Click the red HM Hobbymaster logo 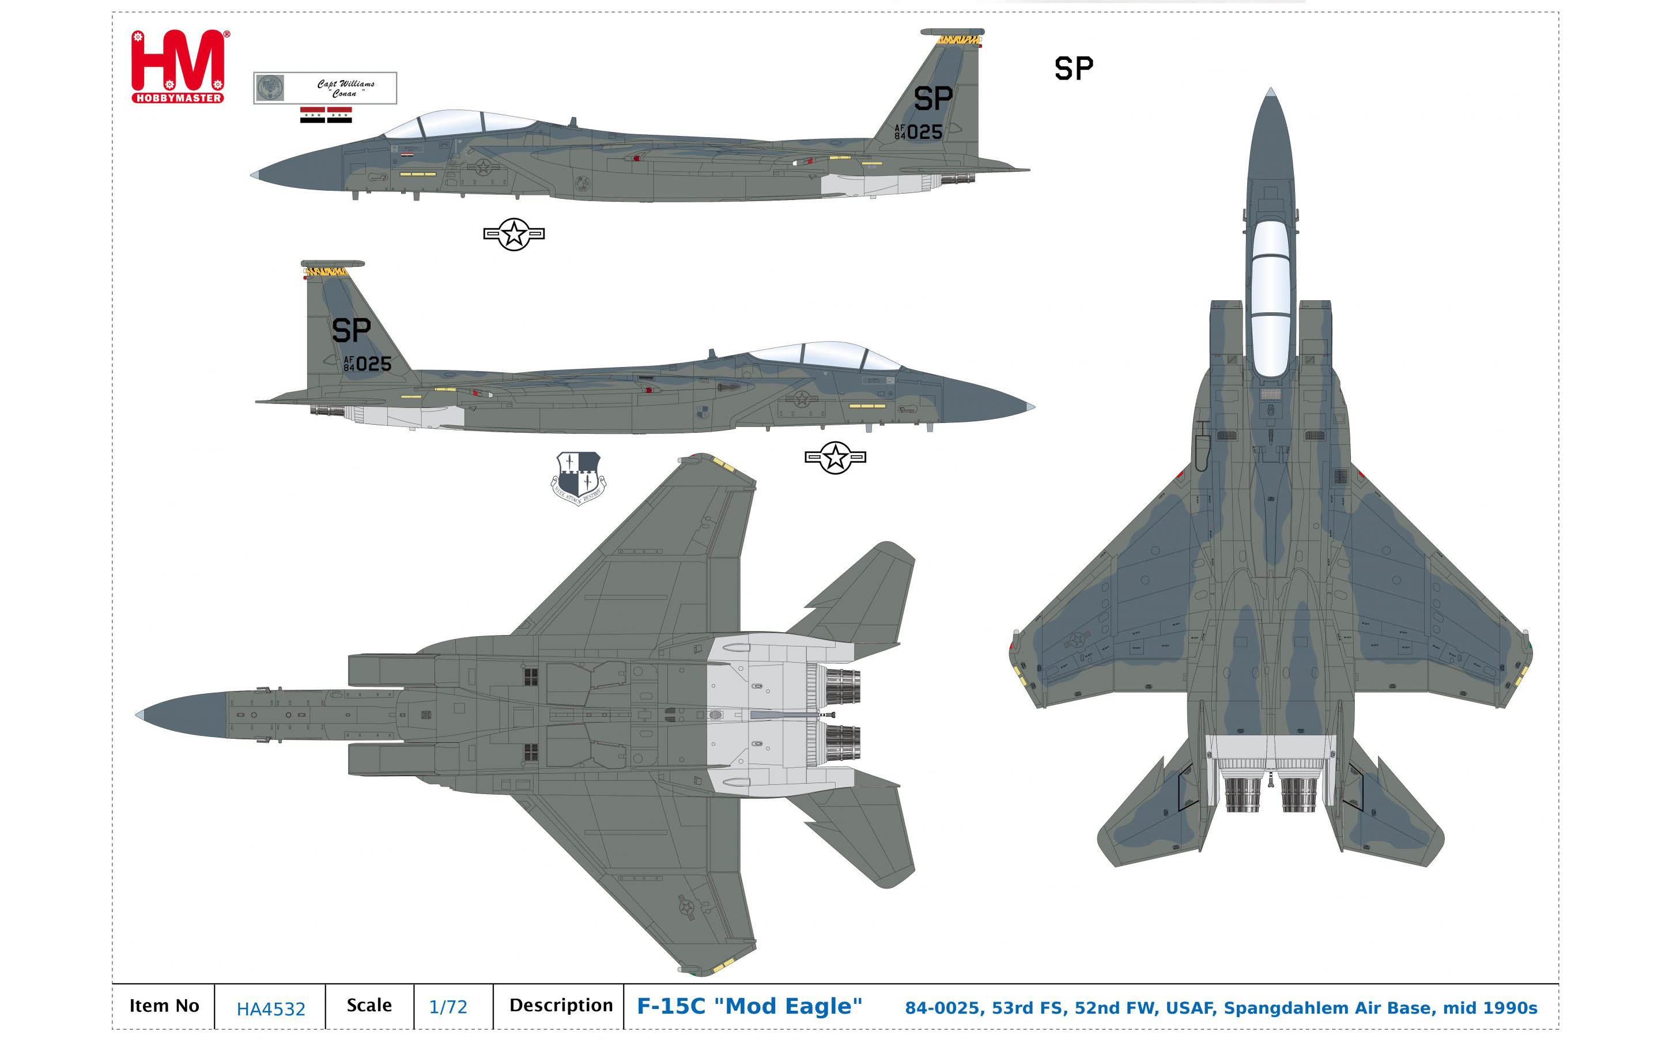tap(178, 67)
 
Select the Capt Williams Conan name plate tap(325, 88)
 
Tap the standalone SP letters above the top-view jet tap(1074, 69)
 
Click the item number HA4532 tap(270, 1009)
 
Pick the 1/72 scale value tap(448, 1007)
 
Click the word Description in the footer tap(561, 1006)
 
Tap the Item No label tap(164, 1006)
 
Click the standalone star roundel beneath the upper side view tap(514, 235)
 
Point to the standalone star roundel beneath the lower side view tap(835, 458)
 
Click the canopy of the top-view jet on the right tap(1270, 297)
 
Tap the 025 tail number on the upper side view tap(924, 132)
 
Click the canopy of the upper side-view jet tap(459, 124)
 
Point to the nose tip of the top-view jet tap(1270, 93)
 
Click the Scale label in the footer tap(369, 1006)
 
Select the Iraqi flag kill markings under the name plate tap(326, 115)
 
